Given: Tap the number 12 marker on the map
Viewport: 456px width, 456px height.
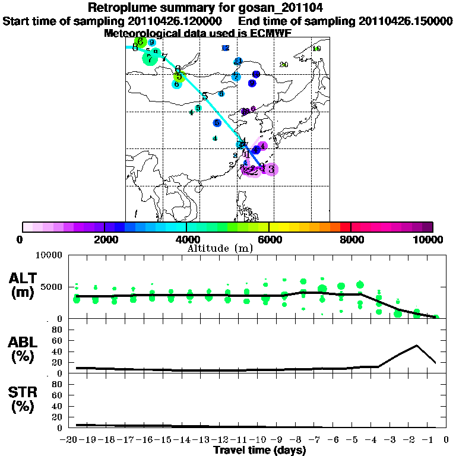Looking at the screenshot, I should click(225, 48).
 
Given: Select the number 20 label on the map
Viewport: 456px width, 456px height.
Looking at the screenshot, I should click(284, 65).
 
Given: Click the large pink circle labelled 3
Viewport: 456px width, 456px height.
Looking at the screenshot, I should click(271, 169).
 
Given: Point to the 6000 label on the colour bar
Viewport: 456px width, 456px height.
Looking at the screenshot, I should click(269, 239).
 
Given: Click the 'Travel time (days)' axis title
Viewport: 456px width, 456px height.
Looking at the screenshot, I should click(259, 451).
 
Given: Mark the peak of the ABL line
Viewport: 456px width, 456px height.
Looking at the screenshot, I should click(417, 345).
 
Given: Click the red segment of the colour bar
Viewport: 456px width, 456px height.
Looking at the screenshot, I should click(345, 227).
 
